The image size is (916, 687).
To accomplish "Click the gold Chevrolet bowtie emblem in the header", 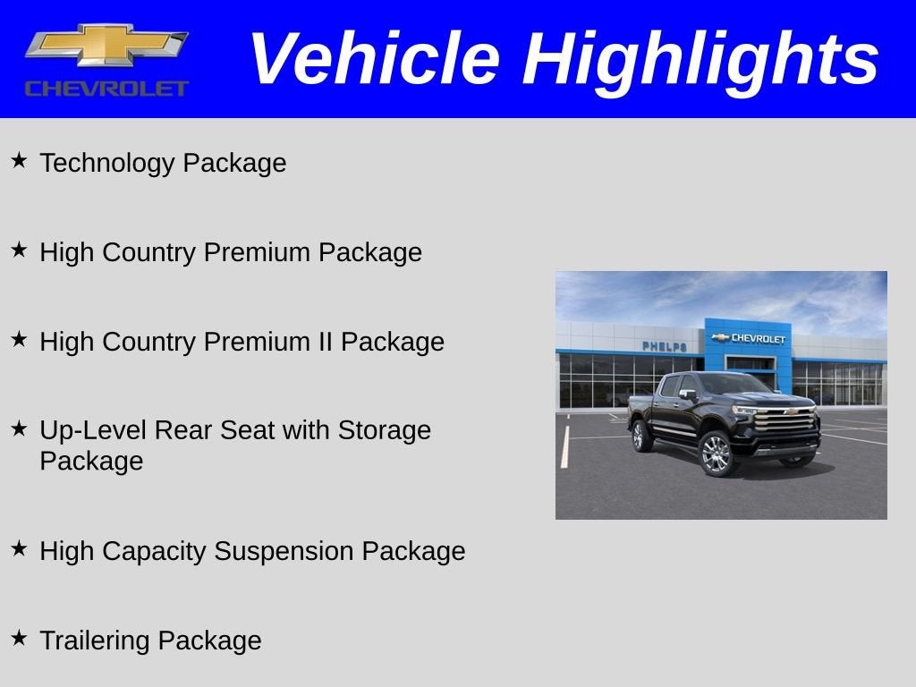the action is pyautogui.click(x=106, y=45).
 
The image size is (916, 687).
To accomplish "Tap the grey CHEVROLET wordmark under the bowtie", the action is pyautogui.click(x=107, y=89).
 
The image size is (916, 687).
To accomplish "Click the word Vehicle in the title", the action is pyautogui.click(x=375, y=58).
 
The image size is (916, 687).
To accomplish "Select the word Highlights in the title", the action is pyautogui.click(x=700, y=62).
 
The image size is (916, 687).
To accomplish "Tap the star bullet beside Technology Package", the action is pyautogui.click(x=20, y=160).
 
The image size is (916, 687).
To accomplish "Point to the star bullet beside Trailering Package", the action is pyautogui.click(x=20, y=637).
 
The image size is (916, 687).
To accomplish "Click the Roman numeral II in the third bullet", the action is pyautogui.click(x=324, y=341).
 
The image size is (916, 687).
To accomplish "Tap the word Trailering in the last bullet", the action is pyautogui.click(x=95, y=640).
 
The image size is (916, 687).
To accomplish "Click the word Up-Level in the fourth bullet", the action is pyautogui.click(x=93, y=430).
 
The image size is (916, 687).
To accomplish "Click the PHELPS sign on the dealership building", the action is pyautogui.click(x=665, y=346).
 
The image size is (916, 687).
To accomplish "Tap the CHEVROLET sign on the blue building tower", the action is pyautogui.click(x=758, y=338).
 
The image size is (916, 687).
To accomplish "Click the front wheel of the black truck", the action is pyautogui.click(x=717, y=454).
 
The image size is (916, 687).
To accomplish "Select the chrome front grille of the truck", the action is pyautogui.click(x=785, y=419).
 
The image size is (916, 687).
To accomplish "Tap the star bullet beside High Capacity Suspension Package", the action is pyautogui.click(x=20, y=548).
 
